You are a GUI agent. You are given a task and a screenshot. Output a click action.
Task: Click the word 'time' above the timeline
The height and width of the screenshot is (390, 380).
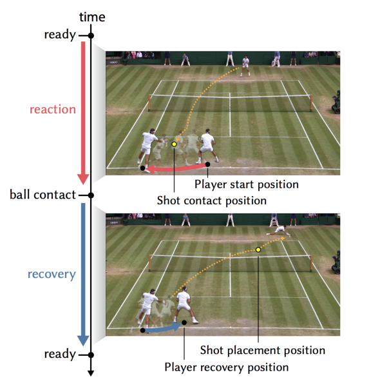tap(92, 17)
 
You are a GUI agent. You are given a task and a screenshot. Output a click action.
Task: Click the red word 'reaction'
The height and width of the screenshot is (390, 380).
tap(53, 110)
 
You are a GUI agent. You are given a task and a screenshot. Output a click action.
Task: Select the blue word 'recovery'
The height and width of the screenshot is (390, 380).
tap(52, 275)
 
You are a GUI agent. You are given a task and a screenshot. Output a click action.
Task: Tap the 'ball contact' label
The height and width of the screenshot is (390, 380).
tap(43, 195)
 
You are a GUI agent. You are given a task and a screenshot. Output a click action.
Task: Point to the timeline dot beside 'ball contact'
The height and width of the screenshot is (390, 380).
tap(91, 195)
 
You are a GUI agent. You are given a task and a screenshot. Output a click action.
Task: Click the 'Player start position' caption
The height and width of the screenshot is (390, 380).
tap(247, 184)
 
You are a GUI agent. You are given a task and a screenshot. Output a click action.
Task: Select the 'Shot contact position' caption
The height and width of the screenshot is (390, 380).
tap(212, 200)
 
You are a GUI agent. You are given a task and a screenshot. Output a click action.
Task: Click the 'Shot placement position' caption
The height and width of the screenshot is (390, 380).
tap(263, 350)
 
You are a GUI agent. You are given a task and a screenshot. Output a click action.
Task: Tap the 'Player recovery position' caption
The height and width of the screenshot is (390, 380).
tap(227, 367)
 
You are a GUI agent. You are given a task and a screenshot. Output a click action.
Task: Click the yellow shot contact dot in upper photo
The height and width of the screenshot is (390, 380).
tap(174, 144)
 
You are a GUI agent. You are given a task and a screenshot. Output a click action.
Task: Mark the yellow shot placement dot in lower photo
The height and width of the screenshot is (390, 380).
tap(258, 249)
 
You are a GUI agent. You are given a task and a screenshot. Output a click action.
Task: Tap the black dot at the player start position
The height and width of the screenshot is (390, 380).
tap(207, 164)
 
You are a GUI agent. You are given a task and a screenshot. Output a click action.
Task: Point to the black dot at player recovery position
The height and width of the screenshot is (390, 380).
tap(184, 322)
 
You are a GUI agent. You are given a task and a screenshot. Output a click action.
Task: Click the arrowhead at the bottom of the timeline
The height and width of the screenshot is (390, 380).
tap(91, 373)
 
